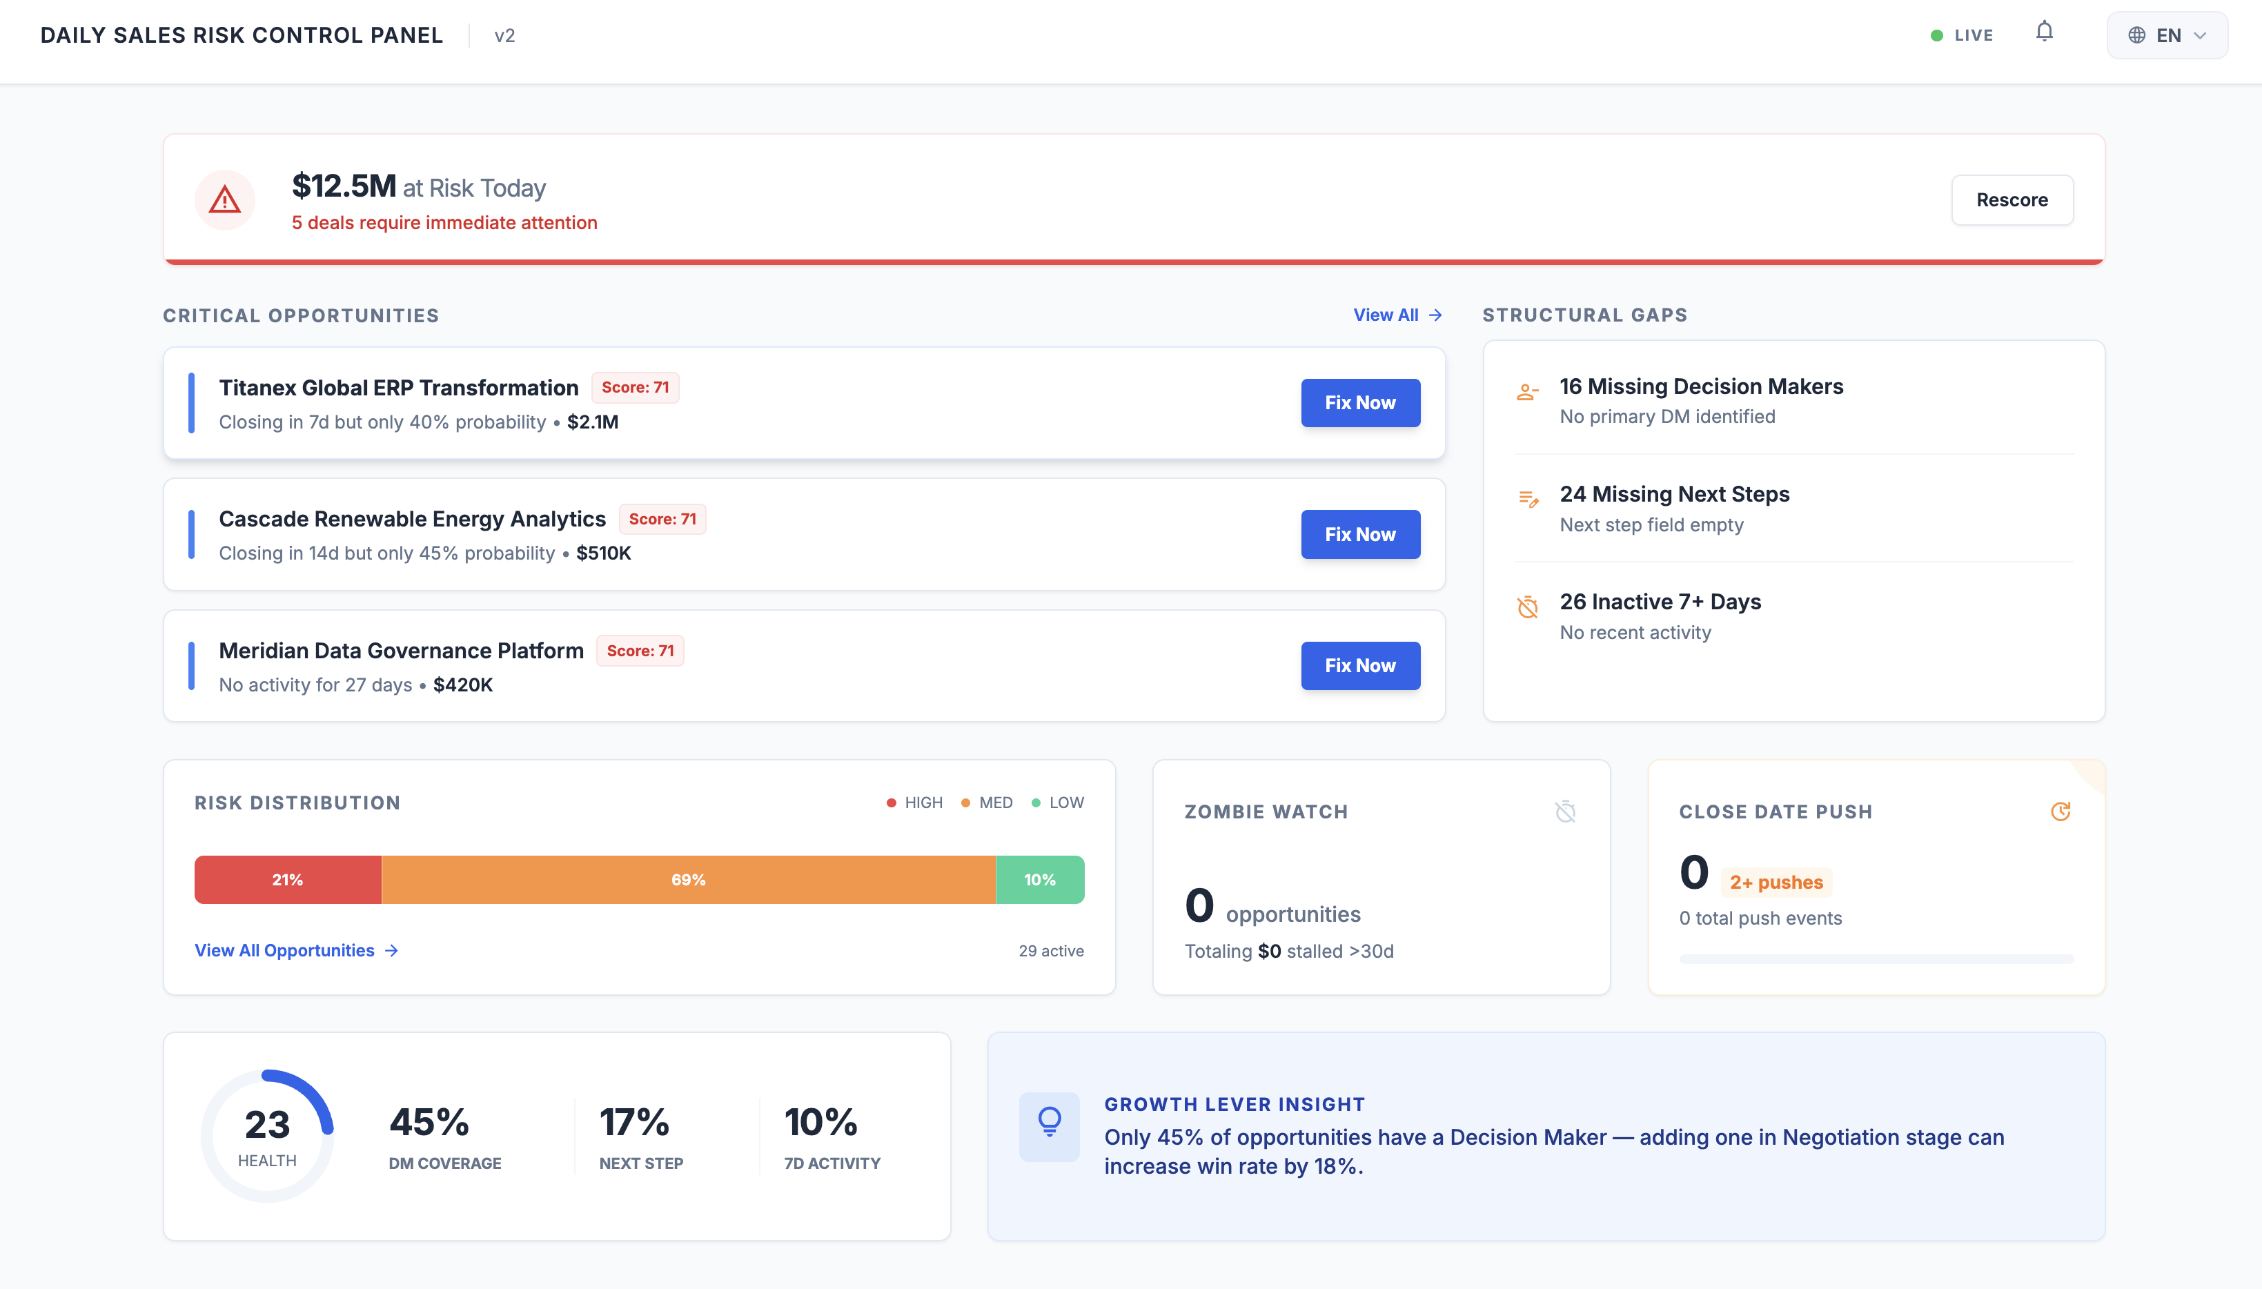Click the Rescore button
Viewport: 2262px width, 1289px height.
[2012, 200]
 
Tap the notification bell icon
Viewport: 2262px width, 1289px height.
[2043, 32]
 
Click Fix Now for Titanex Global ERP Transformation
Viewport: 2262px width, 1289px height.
[1360, 403]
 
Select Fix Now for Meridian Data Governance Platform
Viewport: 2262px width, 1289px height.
[1360, 666]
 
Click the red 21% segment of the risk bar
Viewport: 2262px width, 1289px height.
[288, 879]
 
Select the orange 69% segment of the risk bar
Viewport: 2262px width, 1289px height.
[688, 879]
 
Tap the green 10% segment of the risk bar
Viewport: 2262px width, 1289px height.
[1039, 879]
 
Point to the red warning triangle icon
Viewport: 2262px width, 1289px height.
[225, 200]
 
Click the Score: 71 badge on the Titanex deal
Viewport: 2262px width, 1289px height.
[635, 387]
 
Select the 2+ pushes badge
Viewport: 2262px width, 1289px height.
[1776, 882]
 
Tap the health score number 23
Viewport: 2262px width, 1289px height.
[266, 1124]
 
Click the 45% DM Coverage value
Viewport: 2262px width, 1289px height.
[429, 1123]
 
